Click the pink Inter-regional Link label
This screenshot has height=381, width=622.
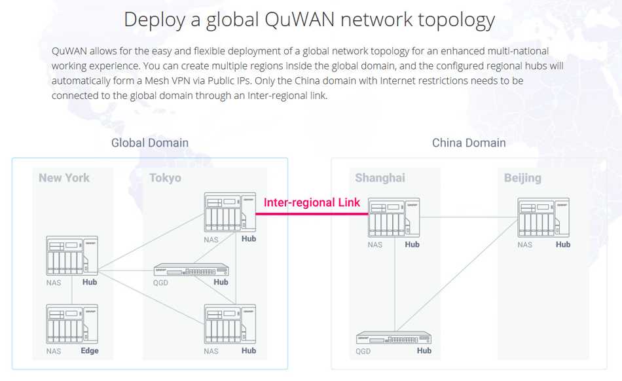tap(312, 203)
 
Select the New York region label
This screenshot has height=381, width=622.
tap(64, 178)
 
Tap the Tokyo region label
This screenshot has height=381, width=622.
tap(165, 178)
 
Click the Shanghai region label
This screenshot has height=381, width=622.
tap(380, 178)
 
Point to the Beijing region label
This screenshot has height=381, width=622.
tap(522, 178)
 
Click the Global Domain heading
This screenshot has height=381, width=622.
tap(150, 143)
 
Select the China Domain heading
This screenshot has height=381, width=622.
tap(469, 143)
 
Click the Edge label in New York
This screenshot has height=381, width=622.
tap(90, 351)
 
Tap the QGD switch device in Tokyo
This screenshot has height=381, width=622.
tap(191, 270)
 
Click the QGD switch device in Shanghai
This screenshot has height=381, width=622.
tap(394, 338)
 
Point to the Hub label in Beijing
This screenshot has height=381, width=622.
tap(563, 245)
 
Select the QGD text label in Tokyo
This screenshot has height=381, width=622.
tap(161, 283)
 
